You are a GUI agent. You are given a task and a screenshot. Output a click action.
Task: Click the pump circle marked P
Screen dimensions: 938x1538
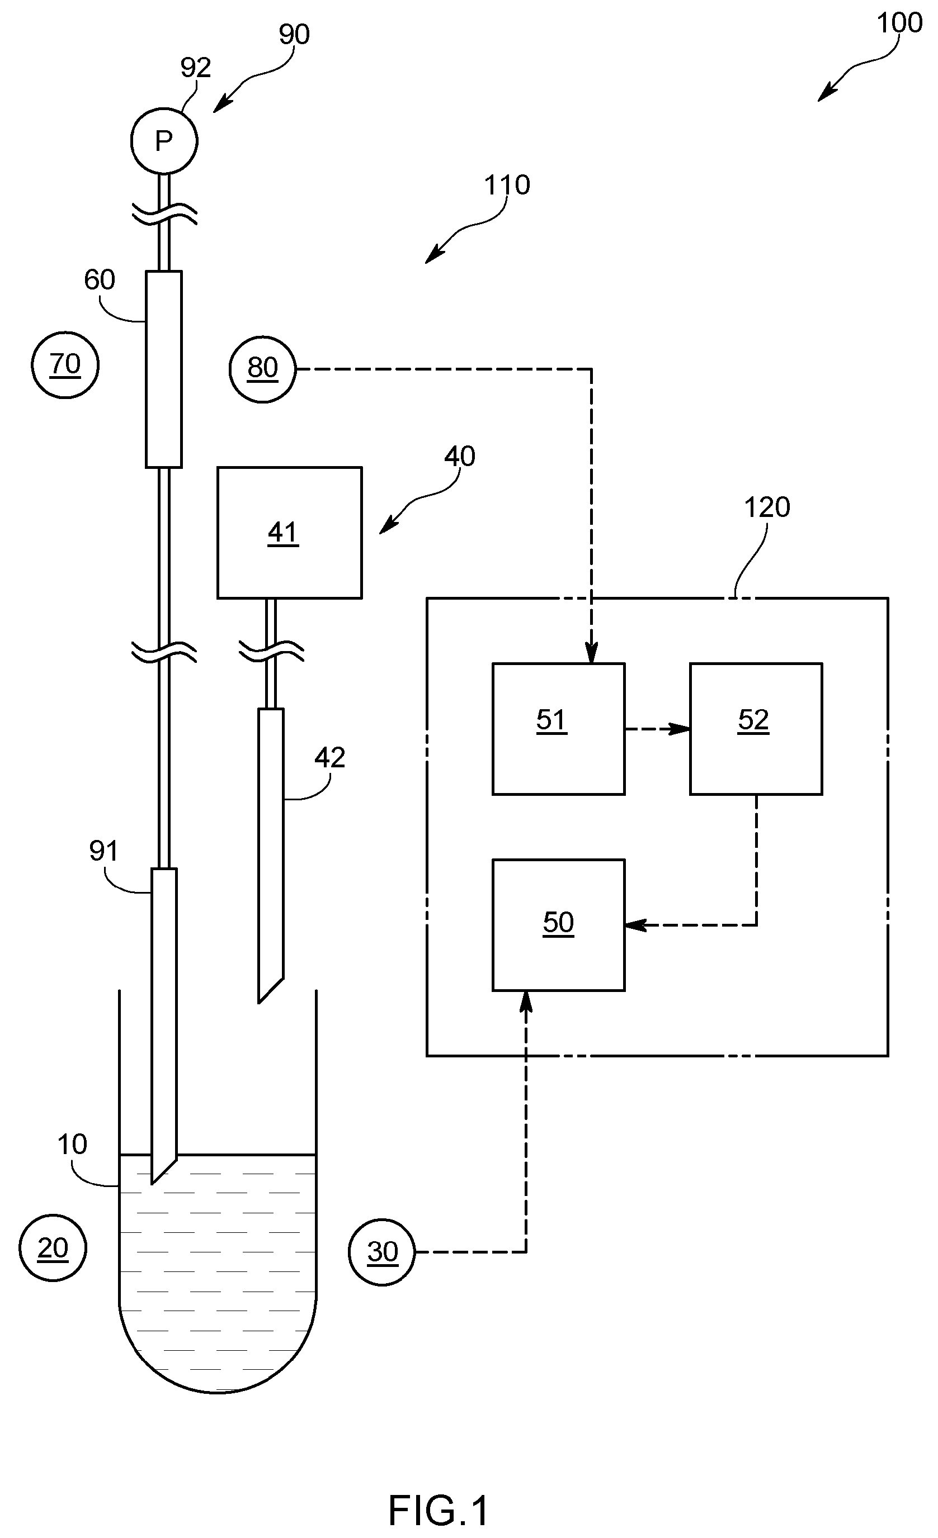164,140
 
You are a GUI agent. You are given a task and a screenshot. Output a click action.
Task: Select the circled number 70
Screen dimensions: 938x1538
65,364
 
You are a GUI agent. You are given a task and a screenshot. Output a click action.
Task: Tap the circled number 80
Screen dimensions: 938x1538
262,369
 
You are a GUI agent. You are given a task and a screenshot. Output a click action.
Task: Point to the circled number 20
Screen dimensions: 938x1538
53,1249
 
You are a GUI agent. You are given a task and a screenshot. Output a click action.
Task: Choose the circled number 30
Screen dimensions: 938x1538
381,1251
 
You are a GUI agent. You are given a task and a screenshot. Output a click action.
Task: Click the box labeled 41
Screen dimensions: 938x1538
289,533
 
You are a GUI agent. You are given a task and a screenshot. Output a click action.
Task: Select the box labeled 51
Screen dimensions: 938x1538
558,728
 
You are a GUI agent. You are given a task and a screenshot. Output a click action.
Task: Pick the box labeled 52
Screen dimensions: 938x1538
756,728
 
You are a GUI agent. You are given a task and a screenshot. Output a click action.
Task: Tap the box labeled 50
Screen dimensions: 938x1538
558,925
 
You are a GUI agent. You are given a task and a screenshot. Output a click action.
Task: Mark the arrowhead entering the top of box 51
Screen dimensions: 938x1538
591,653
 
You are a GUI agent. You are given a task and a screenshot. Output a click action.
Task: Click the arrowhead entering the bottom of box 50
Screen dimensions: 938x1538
526,1001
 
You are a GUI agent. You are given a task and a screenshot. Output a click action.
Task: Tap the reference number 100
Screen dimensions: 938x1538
899,23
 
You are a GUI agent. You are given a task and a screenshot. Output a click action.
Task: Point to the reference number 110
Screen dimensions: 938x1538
507,185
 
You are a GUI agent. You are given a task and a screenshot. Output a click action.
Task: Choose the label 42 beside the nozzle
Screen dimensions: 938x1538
329,757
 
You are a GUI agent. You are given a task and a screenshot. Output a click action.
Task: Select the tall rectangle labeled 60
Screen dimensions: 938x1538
164,369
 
